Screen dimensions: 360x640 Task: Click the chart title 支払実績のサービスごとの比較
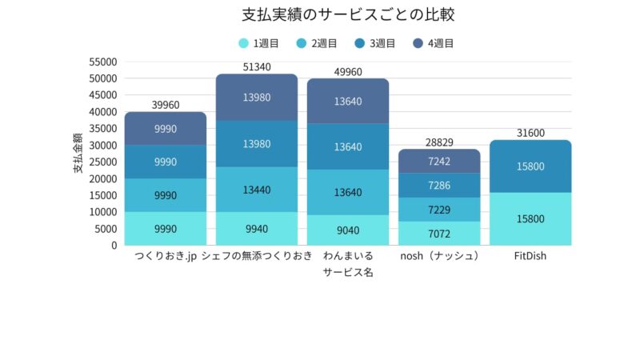319,15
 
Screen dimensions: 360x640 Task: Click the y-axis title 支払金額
78,153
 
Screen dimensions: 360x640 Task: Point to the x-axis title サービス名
348,273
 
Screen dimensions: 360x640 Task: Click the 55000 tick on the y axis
104,62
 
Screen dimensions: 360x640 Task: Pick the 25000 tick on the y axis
104,162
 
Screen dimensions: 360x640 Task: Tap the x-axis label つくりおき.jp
165,257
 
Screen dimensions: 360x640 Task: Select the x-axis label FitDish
530,257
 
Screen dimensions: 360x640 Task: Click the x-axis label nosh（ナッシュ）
439,257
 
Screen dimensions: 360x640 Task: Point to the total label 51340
257,67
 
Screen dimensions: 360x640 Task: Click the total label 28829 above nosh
439,142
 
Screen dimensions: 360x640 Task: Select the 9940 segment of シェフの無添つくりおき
257,229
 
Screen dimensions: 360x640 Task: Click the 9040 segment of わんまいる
348,230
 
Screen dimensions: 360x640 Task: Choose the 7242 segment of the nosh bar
439,161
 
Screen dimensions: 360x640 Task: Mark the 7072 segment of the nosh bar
439,234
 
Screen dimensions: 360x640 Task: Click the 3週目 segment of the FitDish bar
530,166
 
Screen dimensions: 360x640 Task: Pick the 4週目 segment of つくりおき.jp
165,129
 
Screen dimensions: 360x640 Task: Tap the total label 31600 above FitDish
530,133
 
